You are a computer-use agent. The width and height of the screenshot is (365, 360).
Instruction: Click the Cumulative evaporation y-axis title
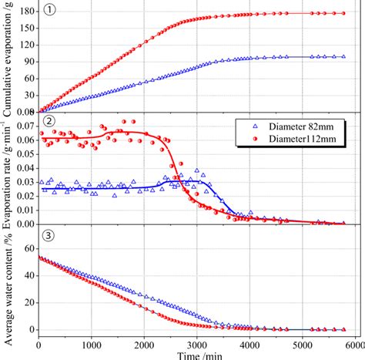coord(7,58)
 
